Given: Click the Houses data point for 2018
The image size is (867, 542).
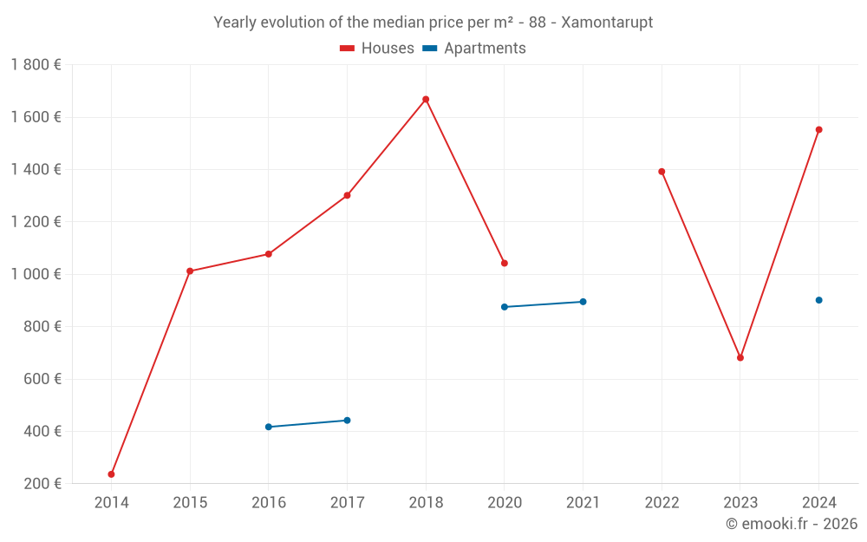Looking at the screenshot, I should pos(426,100).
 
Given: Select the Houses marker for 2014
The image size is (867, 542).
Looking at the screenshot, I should pos(111,474).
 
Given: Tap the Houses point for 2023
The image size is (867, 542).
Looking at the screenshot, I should pos(740,358).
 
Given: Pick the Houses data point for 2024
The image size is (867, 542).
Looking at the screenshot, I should pos(818,130).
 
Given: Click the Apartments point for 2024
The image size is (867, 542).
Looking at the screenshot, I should pos(818,300).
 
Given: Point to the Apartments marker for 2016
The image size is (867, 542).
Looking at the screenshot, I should pos(269,427).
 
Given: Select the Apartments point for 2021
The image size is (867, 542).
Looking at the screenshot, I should pos(583,302).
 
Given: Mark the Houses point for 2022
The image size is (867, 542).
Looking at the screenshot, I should pos(662,172).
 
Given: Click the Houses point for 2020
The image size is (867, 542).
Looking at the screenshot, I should pos(505,264).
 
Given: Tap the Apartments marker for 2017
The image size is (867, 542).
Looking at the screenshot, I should pos(347,421).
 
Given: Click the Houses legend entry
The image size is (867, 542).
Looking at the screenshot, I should pos(377,49).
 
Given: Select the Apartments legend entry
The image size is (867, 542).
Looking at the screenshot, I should pos(474,49).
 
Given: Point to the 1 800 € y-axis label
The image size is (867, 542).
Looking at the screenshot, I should pos(36,65).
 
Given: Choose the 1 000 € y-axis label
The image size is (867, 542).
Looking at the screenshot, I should pos(36,274).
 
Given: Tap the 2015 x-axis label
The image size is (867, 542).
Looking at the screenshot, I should pos(190,503).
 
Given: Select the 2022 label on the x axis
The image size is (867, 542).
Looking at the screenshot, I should pos(662,503).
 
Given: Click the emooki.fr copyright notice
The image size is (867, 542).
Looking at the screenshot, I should pos(791,524).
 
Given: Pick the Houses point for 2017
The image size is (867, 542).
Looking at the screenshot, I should pos(347,195).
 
